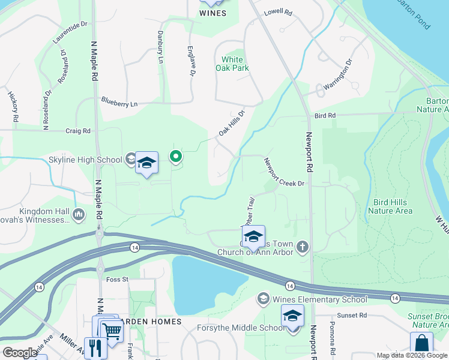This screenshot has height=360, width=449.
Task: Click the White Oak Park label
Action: tap(232, 64)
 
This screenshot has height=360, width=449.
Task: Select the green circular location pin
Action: tap(176, 157)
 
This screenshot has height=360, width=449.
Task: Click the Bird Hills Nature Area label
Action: tap(390, 206)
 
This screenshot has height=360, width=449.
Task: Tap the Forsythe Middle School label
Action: tap(241, 328)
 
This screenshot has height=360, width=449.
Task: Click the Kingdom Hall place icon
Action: tap(79, 214)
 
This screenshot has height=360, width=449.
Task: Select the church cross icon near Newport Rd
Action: tap(303, 246)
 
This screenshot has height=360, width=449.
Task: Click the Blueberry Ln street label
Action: tap(119, 103)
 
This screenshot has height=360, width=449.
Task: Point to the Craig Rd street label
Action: tap(78, 130)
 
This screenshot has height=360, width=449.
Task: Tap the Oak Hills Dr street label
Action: tap(232, 122)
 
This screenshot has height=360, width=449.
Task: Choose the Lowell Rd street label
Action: tap(277, 12)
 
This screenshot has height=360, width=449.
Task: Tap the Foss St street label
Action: tap(117, 280)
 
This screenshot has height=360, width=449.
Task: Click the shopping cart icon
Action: tap(110, 329)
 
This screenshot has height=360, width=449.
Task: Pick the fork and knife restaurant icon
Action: tap(95, 348)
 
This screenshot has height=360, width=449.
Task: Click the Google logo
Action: tap(20, 353)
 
